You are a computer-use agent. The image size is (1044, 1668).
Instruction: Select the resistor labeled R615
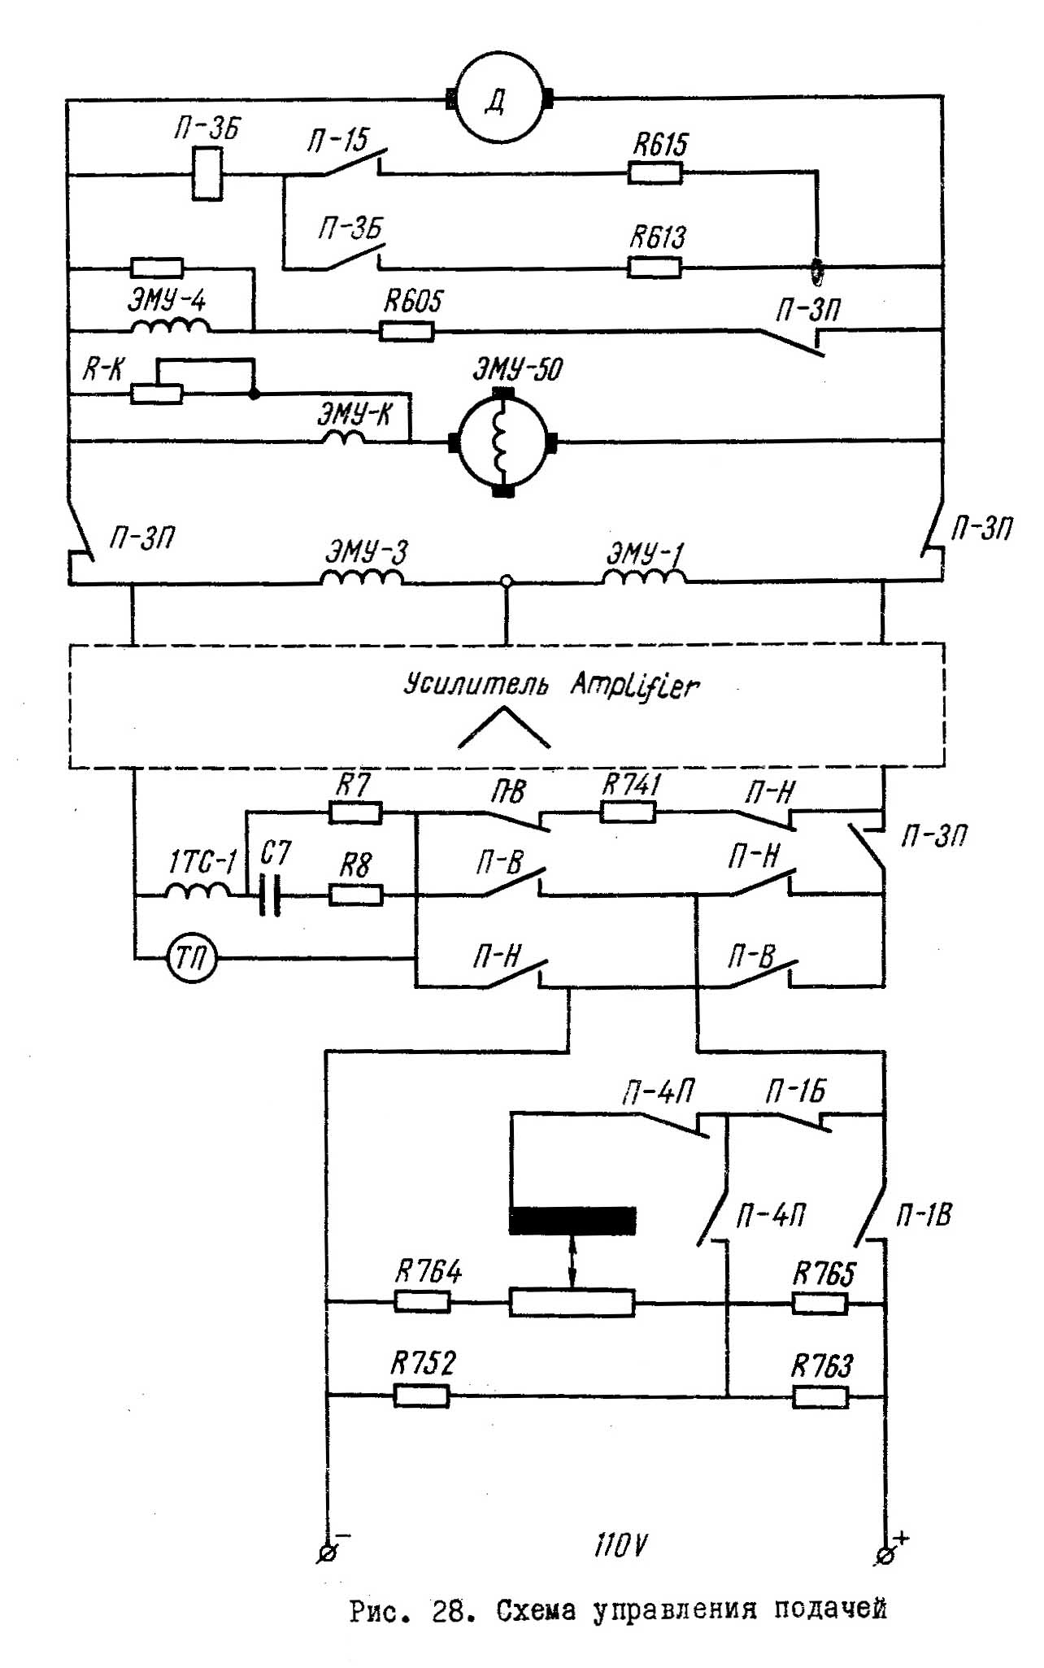coord(655,172)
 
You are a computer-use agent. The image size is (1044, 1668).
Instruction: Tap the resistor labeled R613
coord(655,267)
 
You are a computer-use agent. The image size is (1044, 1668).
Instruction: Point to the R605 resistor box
coord(407,331)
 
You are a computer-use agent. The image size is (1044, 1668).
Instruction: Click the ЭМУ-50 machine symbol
coord(502,443)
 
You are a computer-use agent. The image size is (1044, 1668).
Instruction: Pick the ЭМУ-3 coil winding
coord(362,577)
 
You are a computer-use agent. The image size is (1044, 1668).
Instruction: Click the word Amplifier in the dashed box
coord(634,686)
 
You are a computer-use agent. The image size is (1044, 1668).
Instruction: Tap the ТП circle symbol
coord(192,960)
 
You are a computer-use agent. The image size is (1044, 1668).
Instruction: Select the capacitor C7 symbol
coord(270,895)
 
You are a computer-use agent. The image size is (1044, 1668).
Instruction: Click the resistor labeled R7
coord(355,812)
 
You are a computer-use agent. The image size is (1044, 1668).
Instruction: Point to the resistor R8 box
coord(355,895)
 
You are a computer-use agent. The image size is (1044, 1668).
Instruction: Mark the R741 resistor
coord(628,812)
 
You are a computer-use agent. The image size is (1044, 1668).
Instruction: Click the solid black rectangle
coord(572,1221)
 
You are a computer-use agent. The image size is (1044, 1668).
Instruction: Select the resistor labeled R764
coord(422,1302)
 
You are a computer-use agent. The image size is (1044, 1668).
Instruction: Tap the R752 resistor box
coord(421,1396)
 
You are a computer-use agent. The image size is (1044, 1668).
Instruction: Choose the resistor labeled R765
coord(820,1304)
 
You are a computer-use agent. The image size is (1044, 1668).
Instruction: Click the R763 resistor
coord(820,1397)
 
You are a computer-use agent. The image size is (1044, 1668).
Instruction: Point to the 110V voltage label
coord(621,1545)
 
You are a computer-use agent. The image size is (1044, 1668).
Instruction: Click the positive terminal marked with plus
coord(886,1554)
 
